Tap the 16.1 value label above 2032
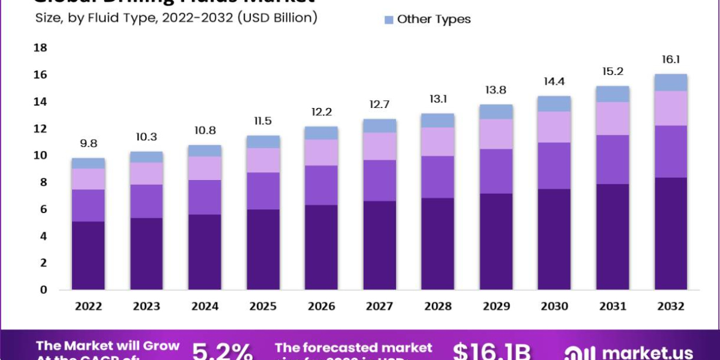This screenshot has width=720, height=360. click(671, 59)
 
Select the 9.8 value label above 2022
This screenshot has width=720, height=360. click(88, 143)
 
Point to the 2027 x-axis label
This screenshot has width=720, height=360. click(380, 307)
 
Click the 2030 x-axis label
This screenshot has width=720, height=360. click(554, 307)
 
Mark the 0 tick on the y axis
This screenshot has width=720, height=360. click(43, 290)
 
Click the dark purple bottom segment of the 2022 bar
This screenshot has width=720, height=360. click(88, 256)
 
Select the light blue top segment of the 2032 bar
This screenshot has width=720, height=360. click(671, 82)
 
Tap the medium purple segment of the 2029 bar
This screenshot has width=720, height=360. click(496, 171)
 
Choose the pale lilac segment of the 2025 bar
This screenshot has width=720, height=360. click(263, 160)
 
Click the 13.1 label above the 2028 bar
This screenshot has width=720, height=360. click(438, 99)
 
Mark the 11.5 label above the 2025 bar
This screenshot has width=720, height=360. click(263, 121)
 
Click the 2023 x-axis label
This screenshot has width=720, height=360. click(146, 307)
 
